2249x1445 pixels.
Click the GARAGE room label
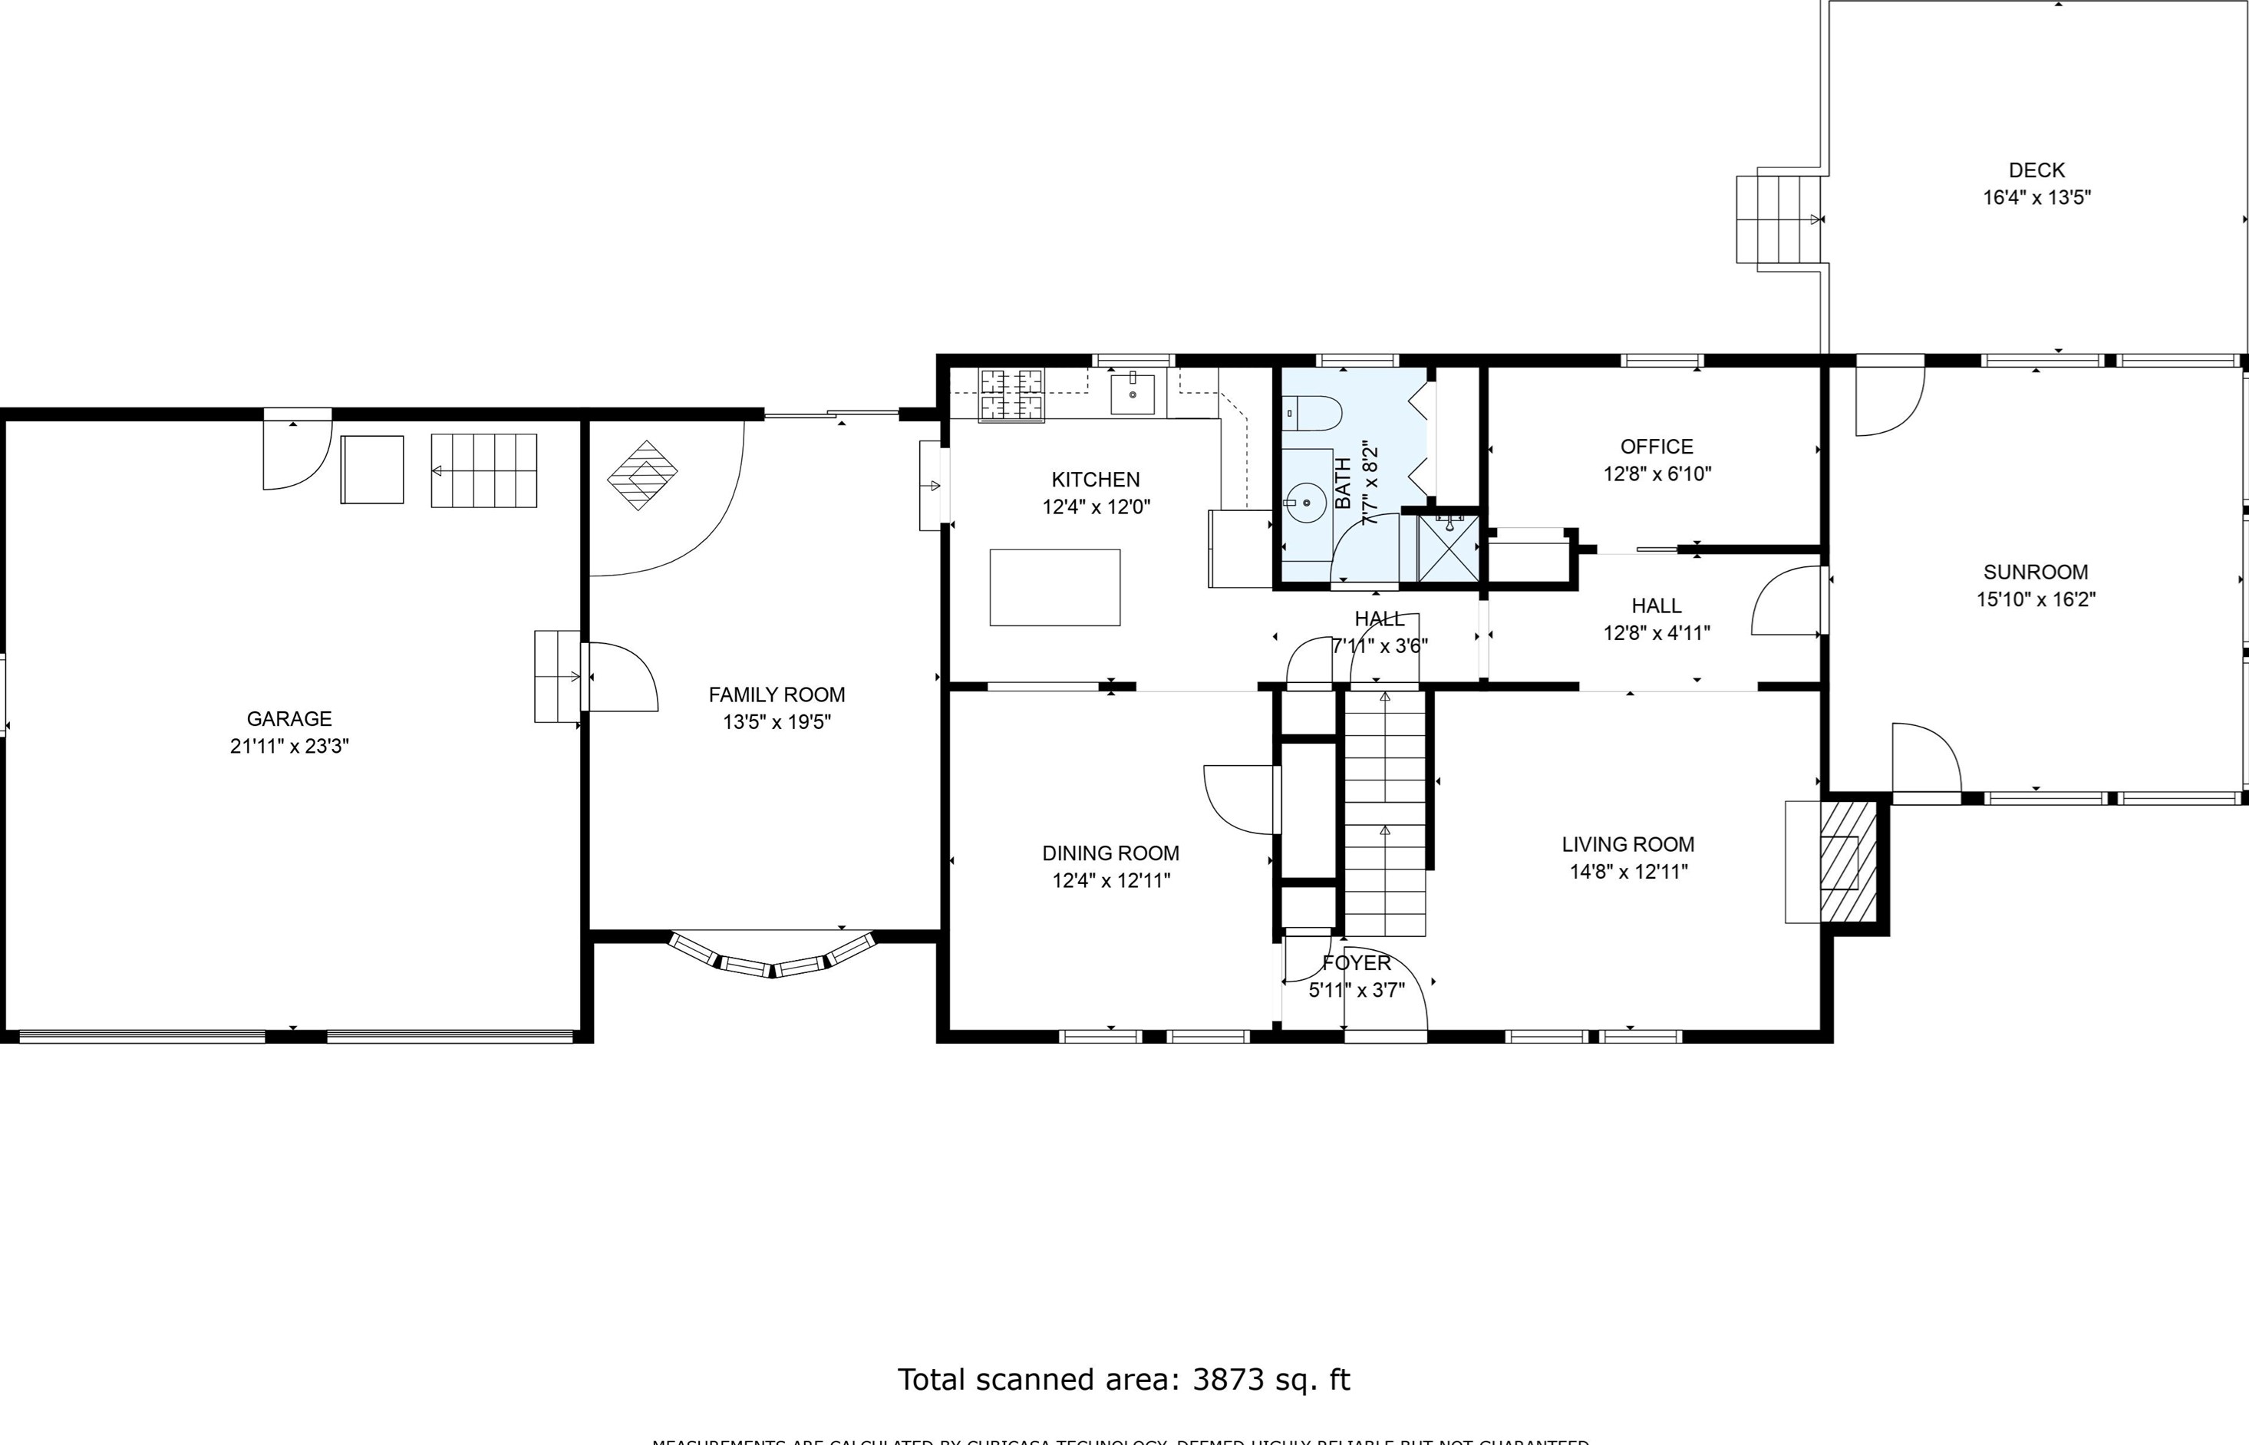click(289, 719)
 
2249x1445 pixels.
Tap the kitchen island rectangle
click(1054, 587)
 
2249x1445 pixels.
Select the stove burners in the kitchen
click(1011, 395)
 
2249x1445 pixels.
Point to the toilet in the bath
click(1314, 413)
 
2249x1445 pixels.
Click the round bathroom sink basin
click(1305, 503)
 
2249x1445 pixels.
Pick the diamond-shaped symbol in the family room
click(643, 475)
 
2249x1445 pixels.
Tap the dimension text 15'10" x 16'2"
click(2035, 599)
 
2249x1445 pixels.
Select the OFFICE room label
click(1656, 447)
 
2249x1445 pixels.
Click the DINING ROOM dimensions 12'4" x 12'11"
click(1111, 880)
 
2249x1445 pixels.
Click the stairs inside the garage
click(484, 470)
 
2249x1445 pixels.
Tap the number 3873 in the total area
click(1228, 1379)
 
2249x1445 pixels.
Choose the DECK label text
click(2036, 170)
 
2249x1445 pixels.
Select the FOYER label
click(1356, 963)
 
